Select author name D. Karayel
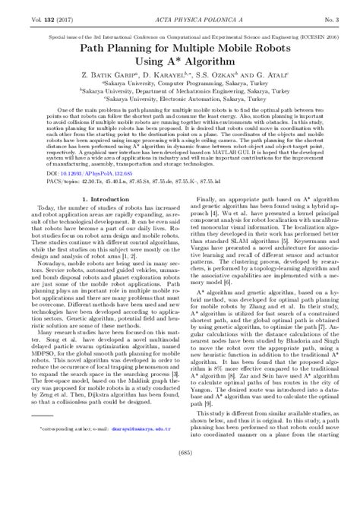(x=168, y=79)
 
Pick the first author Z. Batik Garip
(x=108, y=79)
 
